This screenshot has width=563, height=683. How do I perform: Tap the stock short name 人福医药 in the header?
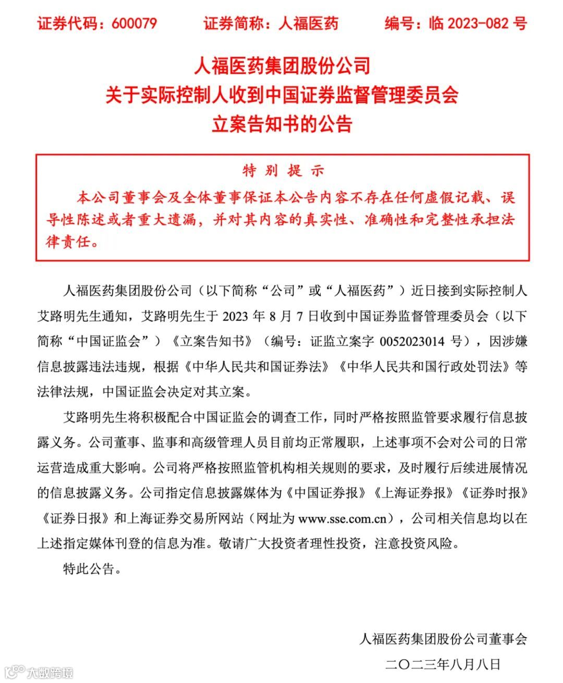click(308, 23)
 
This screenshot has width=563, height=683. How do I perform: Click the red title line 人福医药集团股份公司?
click(282, 66)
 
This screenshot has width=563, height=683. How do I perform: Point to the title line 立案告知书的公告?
click(282, 124)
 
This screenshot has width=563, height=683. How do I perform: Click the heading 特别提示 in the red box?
click(283, 171)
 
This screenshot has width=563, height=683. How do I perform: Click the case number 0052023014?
click(412, 341)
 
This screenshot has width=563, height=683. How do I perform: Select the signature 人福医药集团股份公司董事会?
click(443, 639)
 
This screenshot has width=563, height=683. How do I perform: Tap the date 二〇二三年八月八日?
click(443, 664)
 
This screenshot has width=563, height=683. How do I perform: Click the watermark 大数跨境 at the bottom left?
click(51, 672)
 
